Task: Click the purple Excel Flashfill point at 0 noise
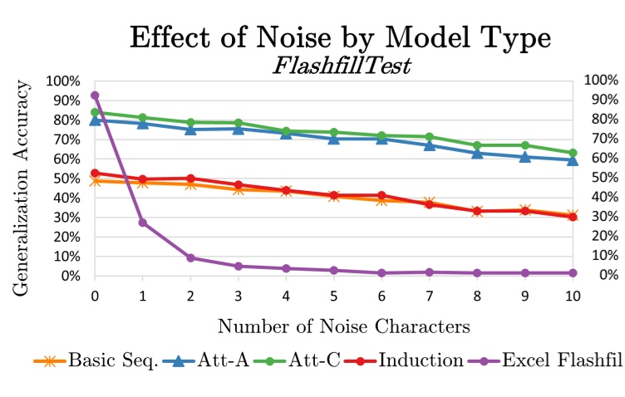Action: [x=95, y=96]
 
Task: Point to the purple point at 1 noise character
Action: [x=143, y=223]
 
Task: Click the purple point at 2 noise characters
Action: [x=190, y=257]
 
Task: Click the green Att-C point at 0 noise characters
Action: [x=95, y=112]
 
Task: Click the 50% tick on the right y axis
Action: [x=601, y=178]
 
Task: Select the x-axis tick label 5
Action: [x=334, y=297]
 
